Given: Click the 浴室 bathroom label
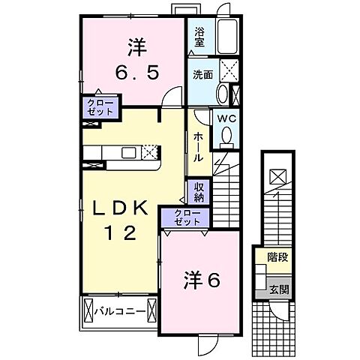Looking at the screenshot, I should [x=199, y=37].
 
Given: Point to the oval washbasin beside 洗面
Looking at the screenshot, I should [x=223, y=95].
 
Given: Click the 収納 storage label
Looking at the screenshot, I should [x=199, y=192].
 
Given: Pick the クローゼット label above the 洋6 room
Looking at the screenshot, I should [x=184, y=217].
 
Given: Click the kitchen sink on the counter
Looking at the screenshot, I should [x=128, y=152].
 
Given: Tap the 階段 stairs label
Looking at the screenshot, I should [x=277, y=256].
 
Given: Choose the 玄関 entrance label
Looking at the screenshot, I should [x=278, y=289].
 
